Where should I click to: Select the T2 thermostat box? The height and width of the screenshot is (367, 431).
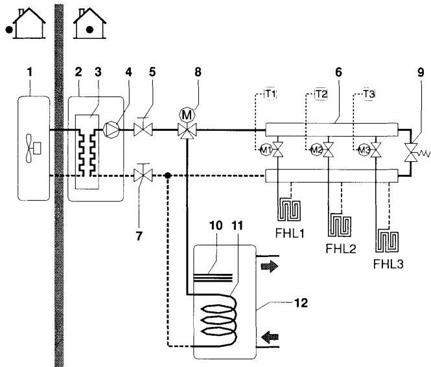(319, 95)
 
